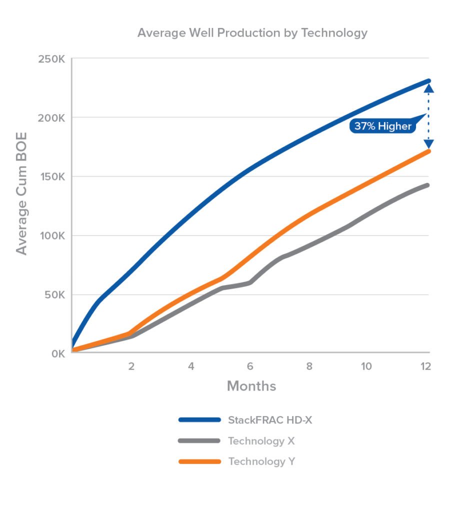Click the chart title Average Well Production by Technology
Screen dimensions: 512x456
point(252,33)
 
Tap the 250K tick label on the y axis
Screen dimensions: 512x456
point(51,59)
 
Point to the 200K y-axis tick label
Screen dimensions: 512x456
point(51,118)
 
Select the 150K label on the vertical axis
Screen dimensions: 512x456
point(52,177)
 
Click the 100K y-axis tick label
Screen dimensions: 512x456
point(52,236)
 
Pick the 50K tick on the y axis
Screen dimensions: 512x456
point(54,295)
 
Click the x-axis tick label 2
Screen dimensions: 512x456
point(131,366)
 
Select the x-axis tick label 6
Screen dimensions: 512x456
point(250,366)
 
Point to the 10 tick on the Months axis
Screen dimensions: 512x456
point(366,366)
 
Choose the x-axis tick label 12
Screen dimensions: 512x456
point(425,366)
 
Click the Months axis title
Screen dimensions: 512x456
point(251,386)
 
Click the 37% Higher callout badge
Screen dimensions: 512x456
point(382,126)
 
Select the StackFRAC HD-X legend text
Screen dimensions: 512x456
point(270,420)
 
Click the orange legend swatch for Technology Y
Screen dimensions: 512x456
point(199,461)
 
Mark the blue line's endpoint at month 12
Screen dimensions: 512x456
point(428,80)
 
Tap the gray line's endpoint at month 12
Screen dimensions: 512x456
point(428,185)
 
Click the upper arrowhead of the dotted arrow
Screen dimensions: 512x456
point(428,89)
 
